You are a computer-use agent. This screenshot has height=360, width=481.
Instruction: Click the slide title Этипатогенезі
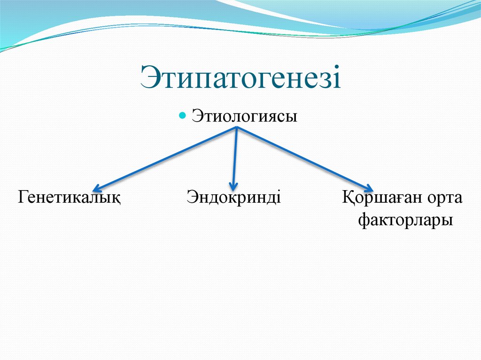tap(240, 77)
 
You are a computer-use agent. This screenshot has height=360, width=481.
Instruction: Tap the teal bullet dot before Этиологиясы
tap(184, 115)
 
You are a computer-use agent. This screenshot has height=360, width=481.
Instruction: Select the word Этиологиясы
tap(244, 116)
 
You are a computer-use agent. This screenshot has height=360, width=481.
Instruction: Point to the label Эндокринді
tap(233, 197)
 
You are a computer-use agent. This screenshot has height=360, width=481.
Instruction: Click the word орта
tap(444, 198)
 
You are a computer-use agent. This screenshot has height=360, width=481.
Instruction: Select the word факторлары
tap(406, 220)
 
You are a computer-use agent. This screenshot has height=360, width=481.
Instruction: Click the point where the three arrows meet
tap(236, 129)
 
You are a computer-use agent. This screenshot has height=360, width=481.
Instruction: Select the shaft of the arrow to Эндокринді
tap(235, 157)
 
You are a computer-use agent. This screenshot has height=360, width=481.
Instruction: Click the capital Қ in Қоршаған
tap(348, 198)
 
